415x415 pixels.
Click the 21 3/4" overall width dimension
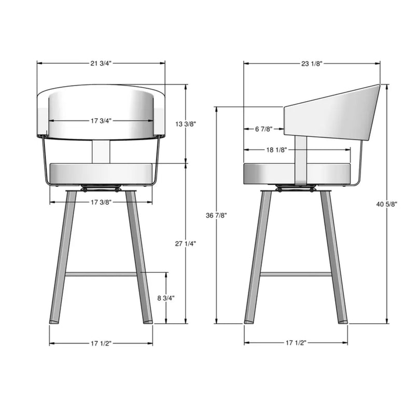[101, 63]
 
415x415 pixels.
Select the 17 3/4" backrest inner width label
[101, 121]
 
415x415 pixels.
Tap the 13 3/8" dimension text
[186, 124]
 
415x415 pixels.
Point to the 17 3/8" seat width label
[101, 201]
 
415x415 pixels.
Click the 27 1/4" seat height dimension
[186, 243]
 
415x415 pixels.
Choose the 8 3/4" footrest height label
[166, 298]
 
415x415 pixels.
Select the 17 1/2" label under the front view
[101, 343]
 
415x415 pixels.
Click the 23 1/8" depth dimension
[312, 63]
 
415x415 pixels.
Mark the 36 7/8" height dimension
[216, 215]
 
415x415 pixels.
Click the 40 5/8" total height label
[388, 204]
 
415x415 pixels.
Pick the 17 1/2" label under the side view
[296, 343]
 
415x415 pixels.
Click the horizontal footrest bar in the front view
[101, 273]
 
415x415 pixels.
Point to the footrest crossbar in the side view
[296, 273]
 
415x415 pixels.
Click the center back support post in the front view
[101, 151]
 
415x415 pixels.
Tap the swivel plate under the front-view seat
[102, 187]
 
